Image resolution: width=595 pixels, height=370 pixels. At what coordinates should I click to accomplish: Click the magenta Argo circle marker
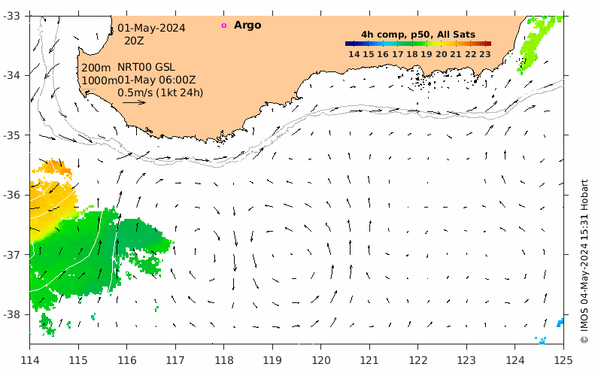[x=223, y=26]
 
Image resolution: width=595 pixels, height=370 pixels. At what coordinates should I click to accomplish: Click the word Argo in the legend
[x=247, y=25]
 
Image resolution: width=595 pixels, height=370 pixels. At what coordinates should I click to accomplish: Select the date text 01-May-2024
[x=151, y=28]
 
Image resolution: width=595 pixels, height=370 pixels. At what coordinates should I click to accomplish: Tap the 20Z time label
[x=134, y=41]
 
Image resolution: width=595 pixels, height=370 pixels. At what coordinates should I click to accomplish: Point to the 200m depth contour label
[x=96, y=68]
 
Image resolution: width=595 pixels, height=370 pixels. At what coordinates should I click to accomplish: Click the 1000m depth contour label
[x=99, y=80]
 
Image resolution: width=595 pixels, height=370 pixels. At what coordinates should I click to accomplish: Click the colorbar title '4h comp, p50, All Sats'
[x=418, y=35]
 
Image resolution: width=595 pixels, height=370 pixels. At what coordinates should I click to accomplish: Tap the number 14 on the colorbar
[x=354, y=54]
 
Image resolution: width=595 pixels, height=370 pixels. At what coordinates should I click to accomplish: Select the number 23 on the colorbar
[x=485, y=54]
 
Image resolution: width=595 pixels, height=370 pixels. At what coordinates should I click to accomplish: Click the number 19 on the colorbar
[x=427, y=54]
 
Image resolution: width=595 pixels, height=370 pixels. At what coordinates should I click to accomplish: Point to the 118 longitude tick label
[x=224, y=359]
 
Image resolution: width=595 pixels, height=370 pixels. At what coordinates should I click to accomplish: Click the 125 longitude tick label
[x=563, y=359]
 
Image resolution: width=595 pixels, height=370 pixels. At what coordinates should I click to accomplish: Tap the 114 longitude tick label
[x=30, y=359]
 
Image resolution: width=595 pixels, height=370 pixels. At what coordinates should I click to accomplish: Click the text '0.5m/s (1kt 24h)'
[x=160, y=92]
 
